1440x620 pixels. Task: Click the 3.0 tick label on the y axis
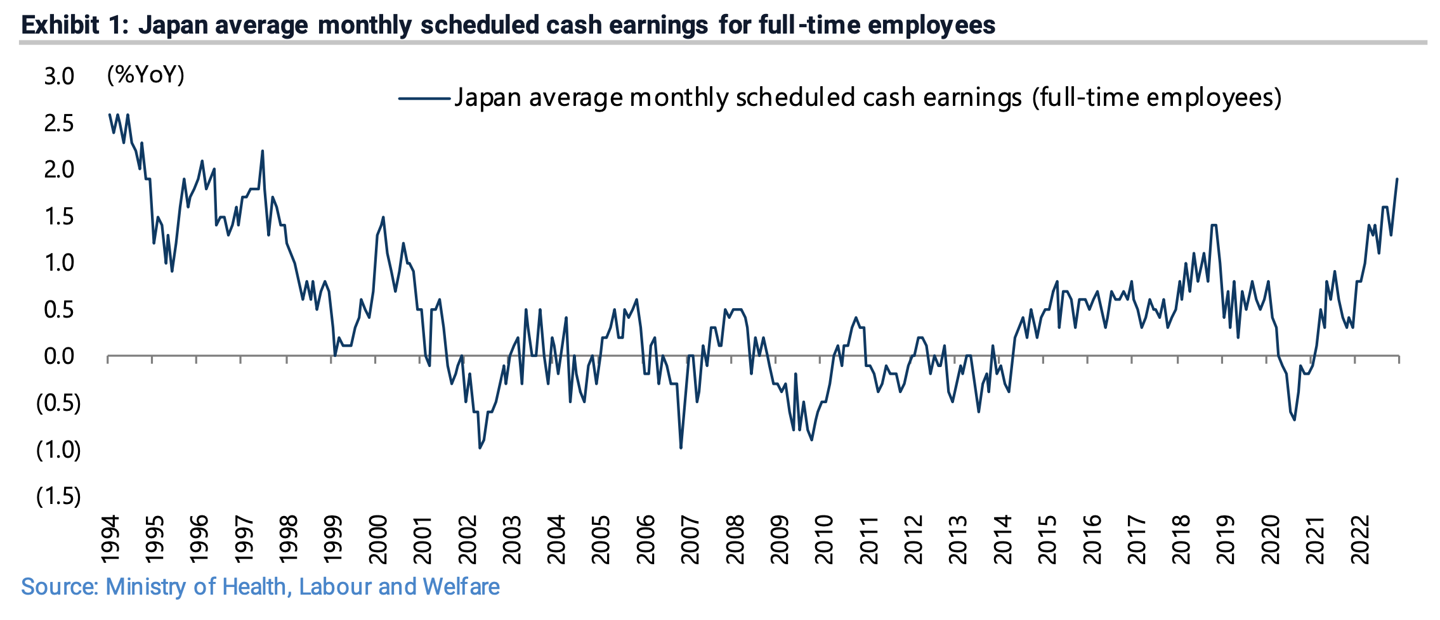click(59, 77)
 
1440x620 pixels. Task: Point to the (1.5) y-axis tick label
click(58, 496)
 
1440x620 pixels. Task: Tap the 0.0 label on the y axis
click(59, 356)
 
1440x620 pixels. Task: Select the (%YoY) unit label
click(146, 75)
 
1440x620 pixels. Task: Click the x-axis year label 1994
click(110, 539)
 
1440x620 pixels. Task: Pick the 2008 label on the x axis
click(735, 539)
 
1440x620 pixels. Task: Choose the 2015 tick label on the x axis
click(1047, 539)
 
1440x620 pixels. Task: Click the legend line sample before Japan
click(424, 98)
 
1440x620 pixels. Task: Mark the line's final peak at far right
click(1397, 179)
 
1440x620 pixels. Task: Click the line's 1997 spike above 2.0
click(263, 151)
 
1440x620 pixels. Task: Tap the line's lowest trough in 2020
click(1294, 420)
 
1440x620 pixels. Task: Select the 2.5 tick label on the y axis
click(59, 124)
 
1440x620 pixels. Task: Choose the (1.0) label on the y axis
click(58, 449)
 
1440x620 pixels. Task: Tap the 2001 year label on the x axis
click(422, 539)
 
